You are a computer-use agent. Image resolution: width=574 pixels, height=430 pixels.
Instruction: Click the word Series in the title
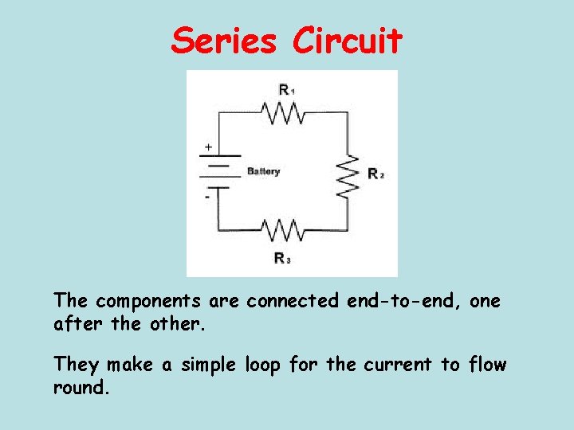coord(225,41)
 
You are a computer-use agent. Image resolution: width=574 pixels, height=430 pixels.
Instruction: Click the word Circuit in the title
coord(347,41)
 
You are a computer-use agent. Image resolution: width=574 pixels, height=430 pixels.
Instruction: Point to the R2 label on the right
coord(375,174)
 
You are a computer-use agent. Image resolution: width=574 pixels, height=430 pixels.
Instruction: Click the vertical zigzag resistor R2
coord(347,174)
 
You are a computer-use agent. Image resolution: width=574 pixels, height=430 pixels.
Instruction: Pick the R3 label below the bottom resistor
coord(281,257)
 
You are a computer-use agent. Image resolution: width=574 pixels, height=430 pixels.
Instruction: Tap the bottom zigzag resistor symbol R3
coord(283,230)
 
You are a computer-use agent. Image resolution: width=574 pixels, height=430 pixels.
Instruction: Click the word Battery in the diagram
coord(264,171)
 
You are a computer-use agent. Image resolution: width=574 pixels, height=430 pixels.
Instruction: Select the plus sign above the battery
coord(209,147)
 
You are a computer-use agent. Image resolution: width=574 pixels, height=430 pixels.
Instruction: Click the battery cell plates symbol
coord(218,171)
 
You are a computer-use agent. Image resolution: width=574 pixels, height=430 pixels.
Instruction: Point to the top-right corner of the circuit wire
coord(347,112)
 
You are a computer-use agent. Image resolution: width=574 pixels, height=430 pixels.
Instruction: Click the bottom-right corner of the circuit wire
coord(347,230)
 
